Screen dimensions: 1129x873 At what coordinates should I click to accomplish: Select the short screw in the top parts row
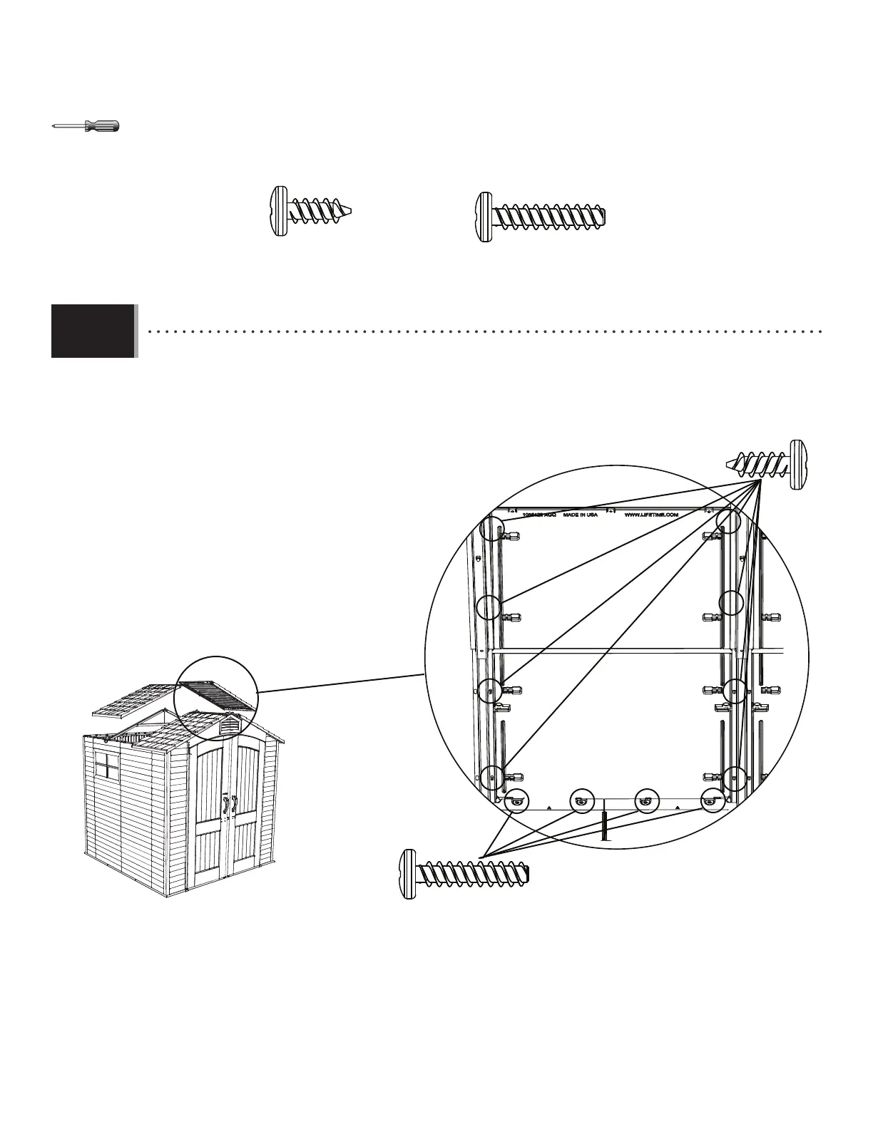(312, 211)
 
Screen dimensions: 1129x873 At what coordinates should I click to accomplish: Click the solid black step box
(93, 331)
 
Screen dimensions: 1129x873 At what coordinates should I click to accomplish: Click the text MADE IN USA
(581, 514)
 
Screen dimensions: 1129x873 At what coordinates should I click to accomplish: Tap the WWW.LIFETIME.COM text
(650, 514)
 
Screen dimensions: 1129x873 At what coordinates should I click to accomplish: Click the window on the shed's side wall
(107, 765)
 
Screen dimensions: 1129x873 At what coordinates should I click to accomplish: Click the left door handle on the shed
(225, 804)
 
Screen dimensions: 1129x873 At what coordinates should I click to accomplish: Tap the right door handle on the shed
(233, 804)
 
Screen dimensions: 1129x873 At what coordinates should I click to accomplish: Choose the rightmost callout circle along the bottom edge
(711, 801)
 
